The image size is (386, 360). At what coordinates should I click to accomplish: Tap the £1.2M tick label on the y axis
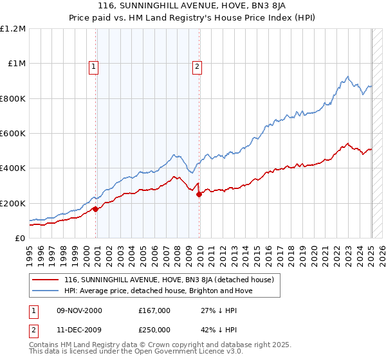pos(13,29)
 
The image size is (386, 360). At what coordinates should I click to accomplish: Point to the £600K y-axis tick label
pos(13,134)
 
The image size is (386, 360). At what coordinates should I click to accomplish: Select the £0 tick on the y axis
pos(20,239)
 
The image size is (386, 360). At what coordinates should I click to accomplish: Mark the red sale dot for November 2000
pos(96,209)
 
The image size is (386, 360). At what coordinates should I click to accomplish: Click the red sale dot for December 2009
pos(199,194)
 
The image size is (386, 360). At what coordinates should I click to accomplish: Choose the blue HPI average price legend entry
pos(158,291)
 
